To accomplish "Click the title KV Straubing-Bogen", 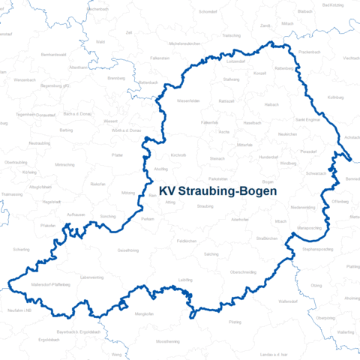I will coord(217,191).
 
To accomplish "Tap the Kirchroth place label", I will coord(178,155).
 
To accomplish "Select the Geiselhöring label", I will coord(128,250).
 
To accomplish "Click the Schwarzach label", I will coord(316,173).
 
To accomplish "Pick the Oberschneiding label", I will coord(243,272).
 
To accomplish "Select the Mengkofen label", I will coord(144,313).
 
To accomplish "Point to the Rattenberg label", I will coord(283,68).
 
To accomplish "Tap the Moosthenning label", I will coord(167,341).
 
